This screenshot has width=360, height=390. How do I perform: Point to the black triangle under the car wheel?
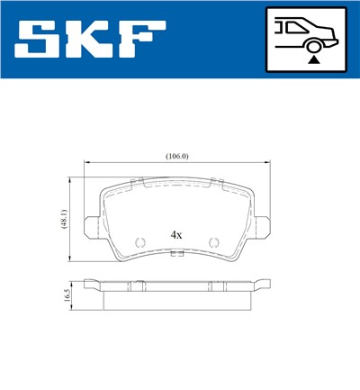tap(312, 59)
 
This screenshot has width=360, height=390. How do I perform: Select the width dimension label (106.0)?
tap(177, 156)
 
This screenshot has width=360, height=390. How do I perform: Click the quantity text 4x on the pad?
tap(177, 234)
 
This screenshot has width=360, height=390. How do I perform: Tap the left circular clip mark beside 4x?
tap(140, 241)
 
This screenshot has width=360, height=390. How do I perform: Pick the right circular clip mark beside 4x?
tap(214, 241)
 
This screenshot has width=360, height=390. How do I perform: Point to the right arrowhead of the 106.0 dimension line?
tap(269, 163)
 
